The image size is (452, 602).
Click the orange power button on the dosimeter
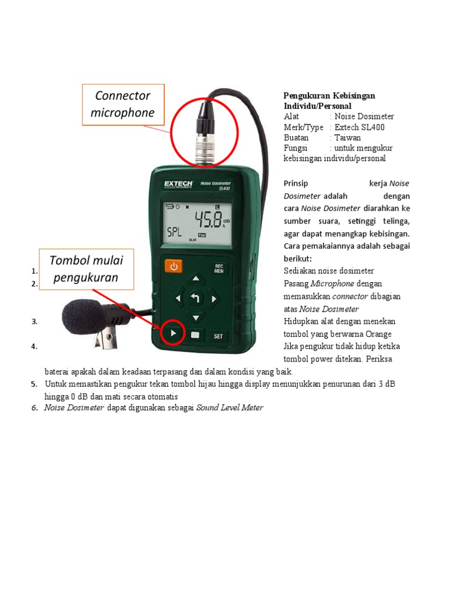pos(173,266)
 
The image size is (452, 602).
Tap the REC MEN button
pos(218,269)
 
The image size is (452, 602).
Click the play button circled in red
pos(172,335)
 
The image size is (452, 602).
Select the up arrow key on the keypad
pos(196,279)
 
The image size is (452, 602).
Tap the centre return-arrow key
pos(196,299)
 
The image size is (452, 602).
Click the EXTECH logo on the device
pos(176,185)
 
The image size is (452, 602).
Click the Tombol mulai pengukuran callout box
pos(87,269)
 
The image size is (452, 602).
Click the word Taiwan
pos(348,138)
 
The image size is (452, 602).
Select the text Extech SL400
pos(360,127)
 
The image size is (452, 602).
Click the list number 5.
pos(34,384)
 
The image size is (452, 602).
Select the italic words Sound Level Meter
pos(230,407)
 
